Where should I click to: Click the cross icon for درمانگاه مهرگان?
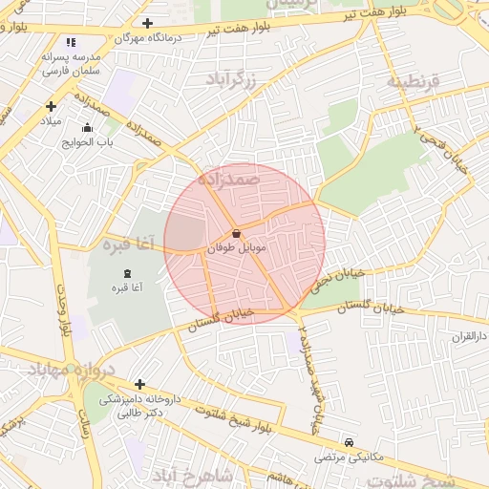click(x=146, y=23)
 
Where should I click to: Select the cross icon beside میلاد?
click(x=51, y=106)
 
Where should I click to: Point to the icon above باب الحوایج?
click(x=88, y=128)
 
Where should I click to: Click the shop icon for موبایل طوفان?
click(x=236, y=233)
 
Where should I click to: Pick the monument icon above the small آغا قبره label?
click(x=128, y=274)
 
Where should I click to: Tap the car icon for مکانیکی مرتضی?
click(x=350, y=443)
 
